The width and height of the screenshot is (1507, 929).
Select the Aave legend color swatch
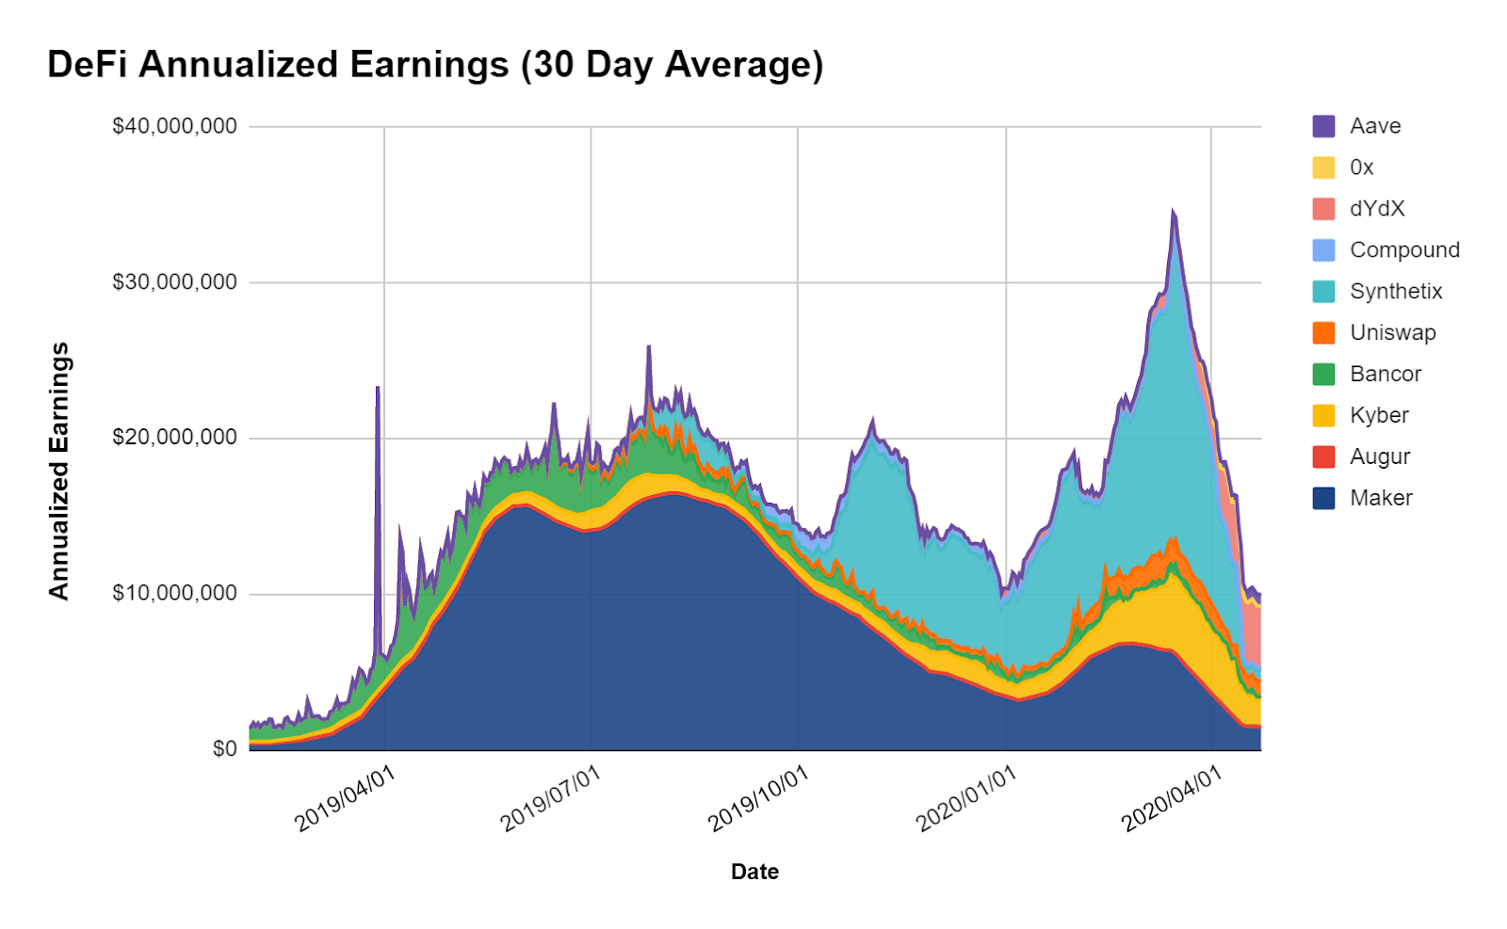click(x=1323, y=126)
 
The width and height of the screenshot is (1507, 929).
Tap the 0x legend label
click(x=1361, y=168)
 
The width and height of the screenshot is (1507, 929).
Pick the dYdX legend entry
click(x=1376, y=209)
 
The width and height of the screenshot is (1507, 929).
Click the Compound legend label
click(x=1404, y=250)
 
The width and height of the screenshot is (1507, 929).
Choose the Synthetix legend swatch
click(x=1323, y=292)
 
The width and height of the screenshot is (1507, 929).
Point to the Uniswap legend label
click(x=1392, y=333)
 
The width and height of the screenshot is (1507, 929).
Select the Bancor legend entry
click(x=1385, y=375)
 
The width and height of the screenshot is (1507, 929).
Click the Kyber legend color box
click(x=1323, y=415)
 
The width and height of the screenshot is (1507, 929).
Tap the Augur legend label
click(x=1380, y=456)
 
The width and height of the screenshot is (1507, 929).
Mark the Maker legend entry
click(x=1381, y=498)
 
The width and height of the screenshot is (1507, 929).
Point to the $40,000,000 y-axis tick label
click(x=174, y=126)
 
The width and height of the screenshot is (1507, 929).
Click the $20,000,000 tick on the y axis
click(x=174, y=438)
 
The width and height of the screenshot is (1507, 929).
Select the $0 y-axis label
click(x=224, y=749)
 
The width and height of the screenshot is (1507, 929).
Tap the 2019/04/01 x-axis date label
click(x=345, y=799)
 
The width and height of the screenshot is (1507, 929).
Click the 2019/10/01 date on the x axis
click(x=758, y=799)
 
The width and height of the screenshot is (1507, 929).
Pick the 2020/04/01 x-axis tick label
click(x=1172, y=799)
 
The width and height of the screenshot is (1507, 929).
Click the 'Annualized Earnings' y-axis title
click(x=59, y=471)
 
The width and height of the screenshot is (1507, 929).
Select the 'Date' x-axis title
click(x=754, y=872)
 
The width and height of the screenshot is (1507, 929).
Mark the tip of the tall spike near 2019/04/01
click(x=378, y=387)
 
